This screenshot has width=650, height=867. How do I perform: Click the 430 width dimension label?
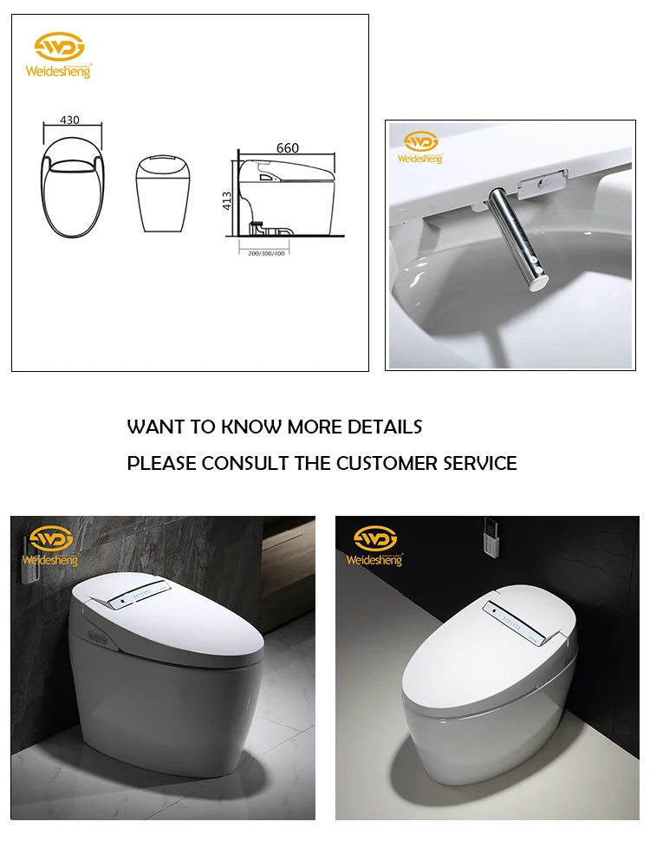pyautogui.click(x=71, y=121)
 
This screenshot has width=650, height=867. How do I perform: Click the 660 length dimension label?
pyautogui.click(x=287, y=147)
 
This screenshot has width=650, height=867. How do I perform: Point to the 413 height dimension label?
pyautogui.click(x=226, y=201)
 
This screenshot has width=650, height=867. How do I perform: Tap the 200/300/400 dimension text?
pyautogui.click(x=265, y=252)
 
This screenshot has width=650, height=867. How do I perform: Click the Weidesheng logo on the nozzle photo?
pyautogui.click(x=420, y=148)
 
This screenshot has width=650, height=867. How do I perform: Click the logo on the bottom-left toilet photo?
pyautogui.click(x=53, y=546)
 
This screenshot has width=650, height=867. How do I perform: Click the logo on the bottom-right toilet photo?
pyautogui.click(x=374, y=546)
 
